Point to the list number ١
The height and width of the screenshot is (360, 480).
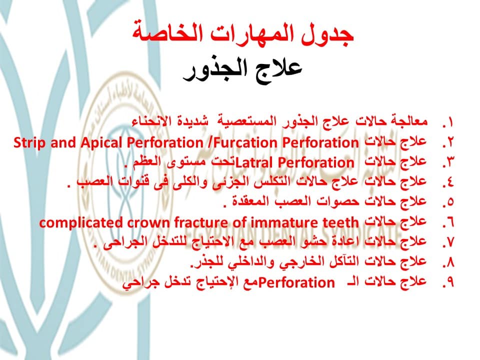[x=448, y=123]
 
